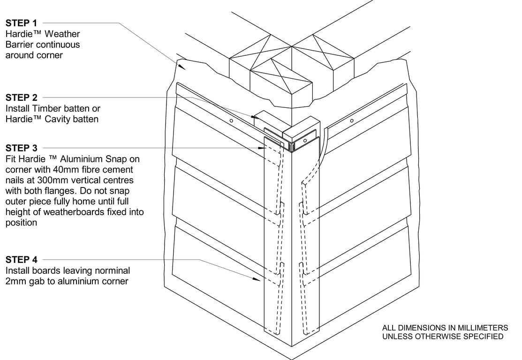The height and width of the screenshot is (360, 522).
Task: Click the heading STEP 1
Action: coord(22,22)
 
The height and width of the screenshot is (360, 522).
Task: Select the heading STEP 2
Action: coord(22,97)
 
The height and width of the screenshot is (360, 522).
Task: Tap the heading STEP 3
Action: coord(22,148)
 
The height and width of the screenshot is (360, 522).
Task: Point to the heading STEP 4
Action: coord(22,260)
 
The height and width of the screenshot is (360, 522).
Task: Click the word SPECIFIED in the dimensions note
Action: coord(484,337)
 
